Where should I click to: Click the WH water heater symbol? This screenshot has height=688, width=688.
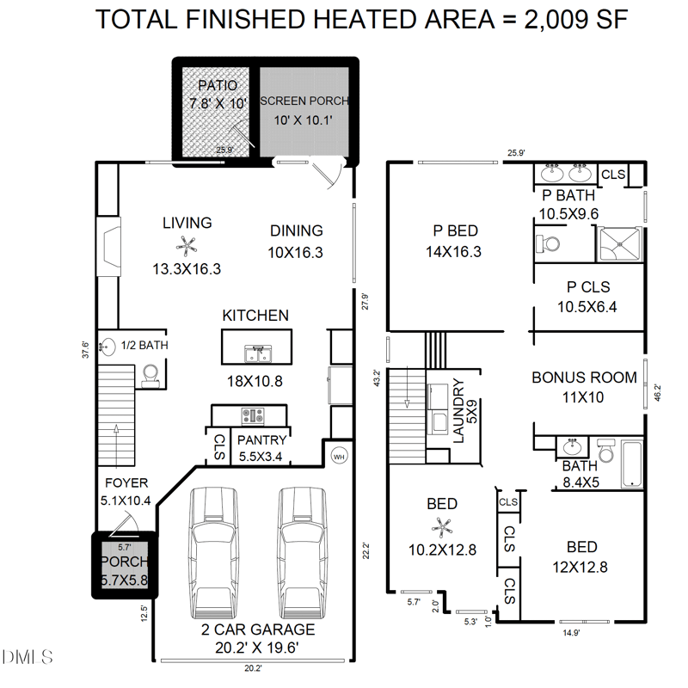click(x=338, y=456)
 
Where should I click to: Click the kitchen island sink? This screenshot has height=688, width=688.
click(x=256, y=353)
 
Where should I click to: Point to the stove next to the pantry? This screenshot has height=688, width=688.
click(x=255, y=415)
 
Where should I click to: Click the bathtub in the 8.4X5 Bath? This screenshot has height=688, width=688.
click(x=631, y=463)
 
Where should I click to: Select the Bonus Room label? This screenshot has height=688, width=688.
click(x=584, y=386)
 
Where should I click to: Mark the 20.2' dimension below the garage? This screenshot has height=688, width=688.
click(x=252, y=667)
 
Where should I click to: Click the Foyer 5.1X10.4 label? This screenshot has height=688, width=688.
click(x=126, y=491)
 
